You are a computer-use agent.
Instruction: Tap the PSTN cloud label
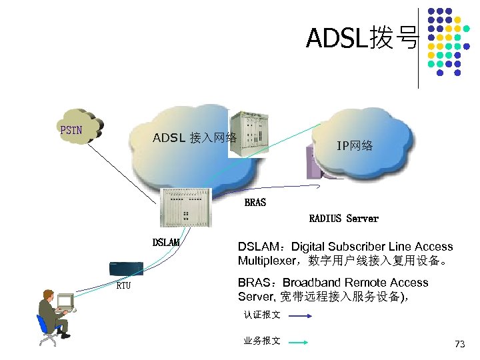[71, 130]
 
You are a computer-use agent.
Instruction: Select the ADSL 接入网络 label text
[195, 138]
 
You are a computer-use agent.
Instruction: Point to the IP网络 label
[355, 146]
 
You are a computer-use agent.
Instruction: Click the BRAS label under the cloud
[255, 202]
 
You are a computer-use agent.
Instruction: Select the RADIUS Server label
[343, 219]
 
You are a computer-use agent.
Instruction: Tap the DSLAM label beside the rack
[166, 243]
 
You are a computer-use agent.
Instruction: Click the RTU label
[123, 286]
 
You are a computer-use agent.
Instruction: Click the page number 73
[459, 344]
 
